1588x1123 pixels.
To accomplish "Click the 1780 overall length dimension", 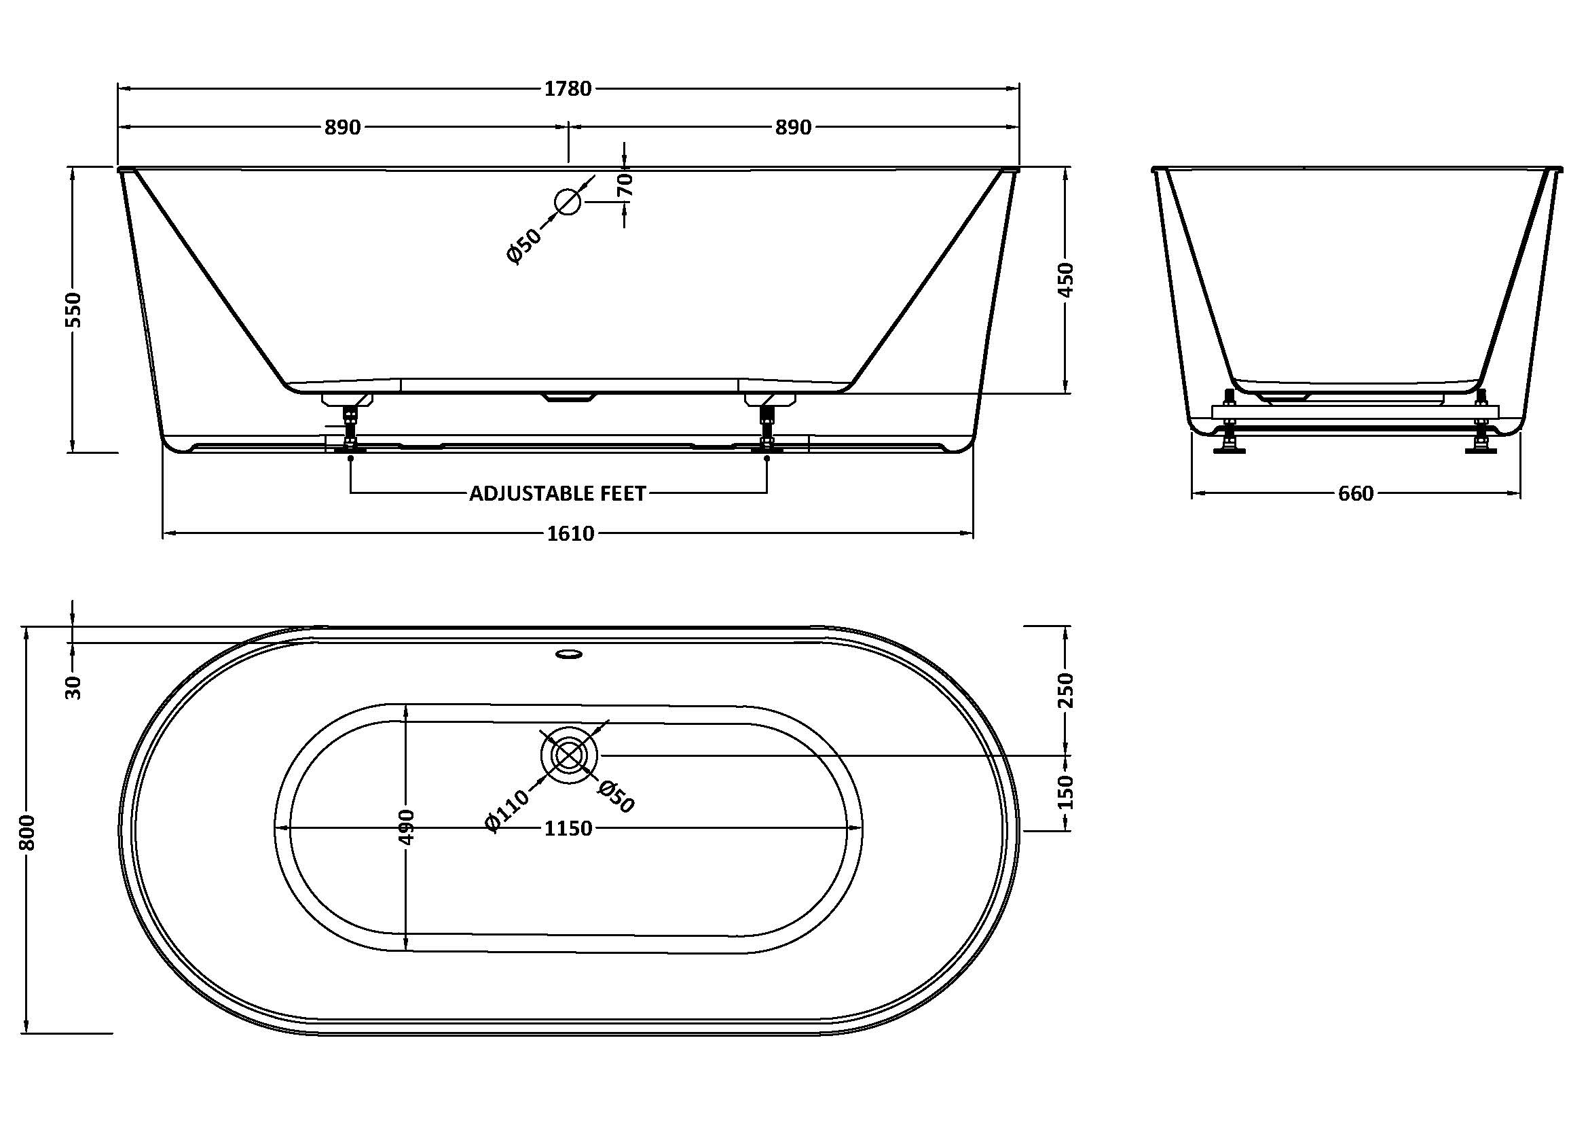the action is tap(568, 88).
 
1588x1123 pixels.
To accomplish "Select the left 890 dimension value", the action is tap(343, 127).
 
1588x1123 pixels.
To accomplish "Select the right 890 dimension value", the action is tap(792, 127).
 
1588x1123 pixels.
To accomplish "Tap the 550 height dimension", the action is tap(73, 309).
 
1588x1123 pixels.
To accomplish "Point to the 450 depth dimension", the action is tap(1066, 279).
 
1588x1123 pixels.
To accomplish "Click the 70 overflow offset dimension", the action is tap(625, 185).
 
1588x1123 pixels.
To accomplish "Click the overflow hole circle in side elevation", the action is tap(568, 201).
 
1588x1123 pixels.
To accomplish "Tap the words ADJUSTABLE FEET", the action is tap(557, 493).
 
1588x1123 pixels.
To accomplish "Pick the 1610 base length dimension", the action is tap(570, 533).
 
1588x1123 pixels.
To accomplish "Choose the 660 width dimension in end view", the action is tap(1356, 493).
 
